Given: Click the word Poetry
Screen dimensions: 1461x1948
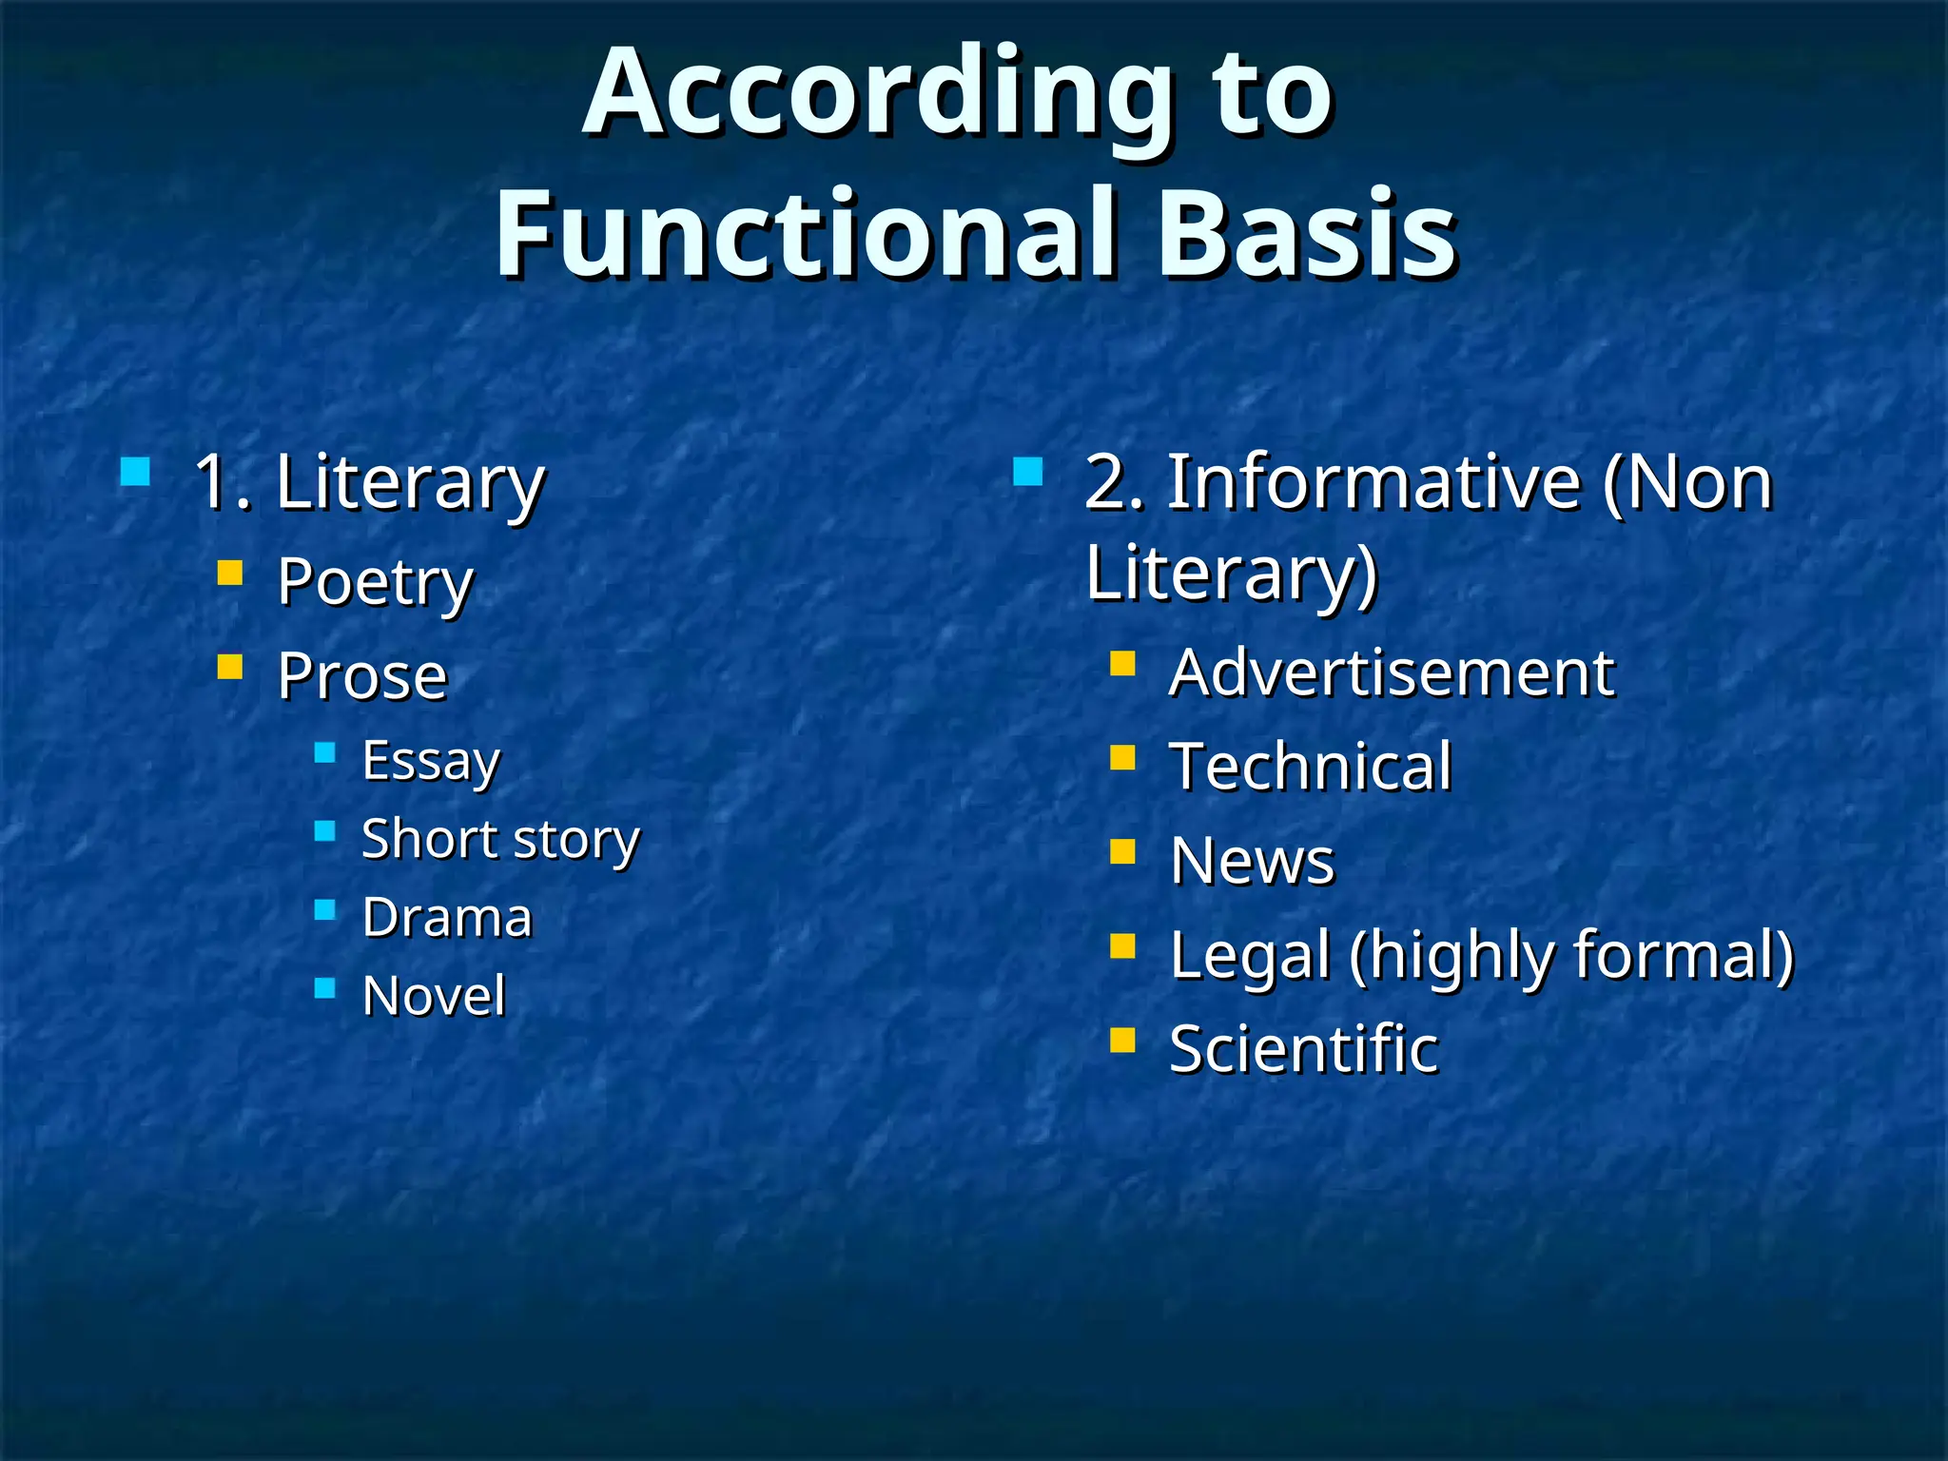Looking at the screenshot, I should point(375,582).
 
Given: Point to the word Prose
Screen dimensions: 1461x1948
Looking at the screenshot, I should point(362,676).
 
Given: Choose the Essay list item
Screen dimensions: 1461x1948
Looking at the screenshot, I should point(431,761).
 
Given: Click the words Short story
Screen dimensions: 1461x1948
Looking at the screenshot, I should point(501,840).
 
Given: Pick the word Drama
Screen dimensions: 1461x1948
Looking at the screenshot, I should point(447,918).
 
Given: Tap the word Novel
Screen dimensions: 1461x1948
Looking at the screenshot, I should point(434,996).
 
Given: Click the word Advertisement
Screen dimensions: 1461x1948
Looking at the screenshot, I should point(1392,673).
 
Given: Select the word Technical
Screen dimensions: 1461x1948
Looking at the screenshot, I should point(1311,767).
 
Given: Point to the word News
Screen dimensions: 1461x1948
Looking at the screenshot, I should point(1252,861).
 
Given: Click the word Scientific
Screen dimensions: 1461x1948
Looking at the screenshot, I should point(1303,1049).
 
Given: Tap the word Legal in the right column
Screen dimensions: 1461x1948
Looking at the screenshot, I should point(1249,955).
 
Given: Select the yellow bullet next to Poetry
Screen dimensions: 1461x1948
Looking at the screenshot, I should point(230,573).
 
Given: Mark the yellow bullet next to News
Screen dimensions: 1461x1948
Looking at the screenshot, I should point(1122,850).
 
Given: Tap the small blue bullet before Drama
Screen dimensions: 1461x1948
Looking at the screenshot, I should point(325,910).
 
